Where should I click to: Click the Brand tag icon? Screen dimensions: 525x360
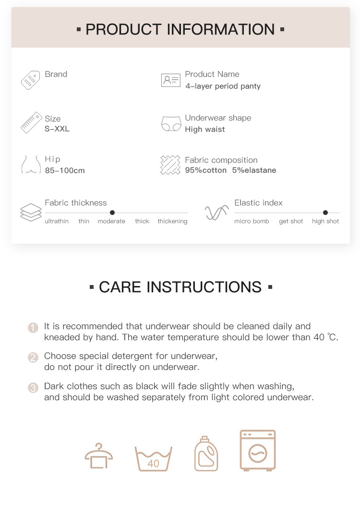[x=30, y=80]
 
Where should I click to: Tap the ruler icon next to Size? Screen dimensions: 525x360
[x=31, y=123]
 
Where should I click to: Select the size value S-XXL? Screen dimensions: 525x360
[x=57, y=129]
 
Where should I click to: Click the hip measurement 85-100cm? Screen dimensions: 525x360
[x=65, y=170]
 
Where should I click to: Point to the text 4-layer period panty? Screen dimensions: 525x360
[x=223, y=86]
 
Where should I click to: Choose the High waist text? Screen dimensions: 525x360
[x=205, y=129]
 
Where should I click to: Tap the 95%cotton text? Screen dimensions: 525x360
[x=205, y=170]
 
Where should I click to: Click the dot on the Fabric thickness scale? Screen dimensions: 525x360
[x=112, y=213]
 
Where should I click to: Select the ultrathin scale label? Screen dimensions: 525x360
[x=57, y=221]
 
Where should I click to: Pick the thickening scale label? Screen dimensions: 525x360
[x=172, y=221]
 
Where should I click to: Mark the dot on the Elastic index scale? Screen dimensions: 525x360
[x=325, y=213]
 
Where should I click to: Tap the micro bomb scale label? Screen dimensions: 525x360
[x=252, y=221]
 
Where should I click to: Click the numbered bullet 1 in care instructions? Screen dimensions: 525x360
[x=33, y=328]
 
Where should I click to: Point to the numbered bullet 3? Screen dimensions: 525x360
[x=33, y=388]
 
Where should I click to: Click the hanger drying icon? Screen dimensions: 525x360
[x=98, y=456]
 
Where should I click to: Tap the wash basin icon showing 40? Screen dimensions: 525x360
[x=153, y=459]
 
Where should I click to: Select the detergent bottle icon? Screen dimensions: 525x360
[x=206, y=453]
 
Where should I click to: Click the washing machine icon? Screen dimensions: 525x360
[x=258, y=451]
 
